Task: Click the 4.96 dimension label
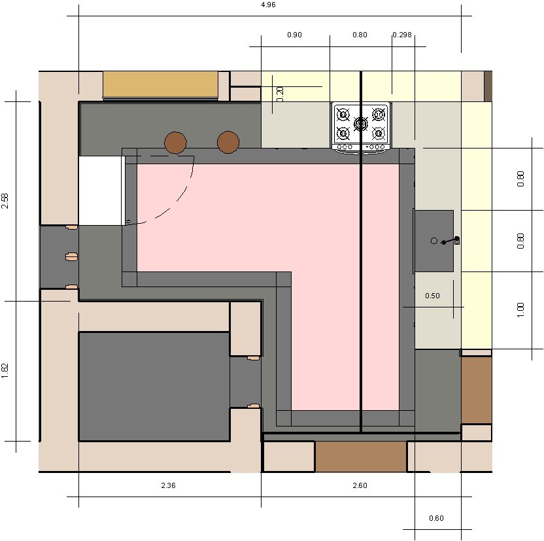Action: (x=268, y=5)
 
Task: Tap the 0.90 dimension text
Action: (x=294, y=35)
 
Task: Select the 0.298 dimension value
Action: (x=402, y=35)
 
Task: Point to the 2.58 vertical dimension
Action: (x=5, y=201)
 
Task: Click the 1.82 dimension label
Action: (x=5, y=371)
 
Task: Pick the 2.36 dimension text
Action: (x=168, y=485)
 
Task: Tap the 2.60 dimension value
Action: (x=360, y=485)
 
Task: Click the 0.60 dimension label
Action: (x=436, y=518)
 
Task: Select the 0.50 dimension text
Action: (x=432, y=296)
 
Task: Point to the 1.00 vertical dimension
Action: (x=520, y=310)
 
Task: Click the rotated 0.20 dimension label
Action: (x=280, y=94)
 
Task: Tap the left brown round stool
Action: (x=175, y=142)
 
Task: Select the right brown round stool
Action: (x=228, y=142)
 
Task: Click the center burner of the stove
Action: (x=361, y=124)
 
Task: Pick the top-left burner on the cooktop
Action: (x=343, y=114)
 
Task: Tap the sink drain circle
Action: (x=434, y=241)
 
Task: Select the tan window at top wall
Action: (x=160, y=85)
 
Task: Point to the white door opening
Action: (x=100, y=190)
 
